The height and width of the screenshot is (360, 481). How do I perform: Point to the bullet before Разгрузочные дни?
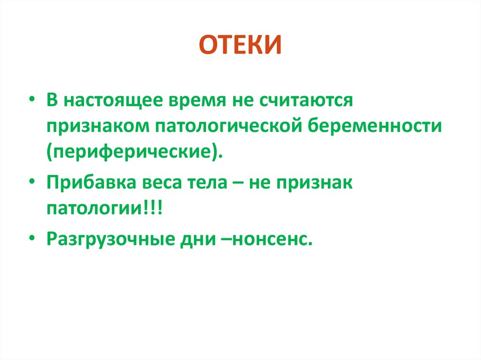pyautogui.click(x=31, y=239)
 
